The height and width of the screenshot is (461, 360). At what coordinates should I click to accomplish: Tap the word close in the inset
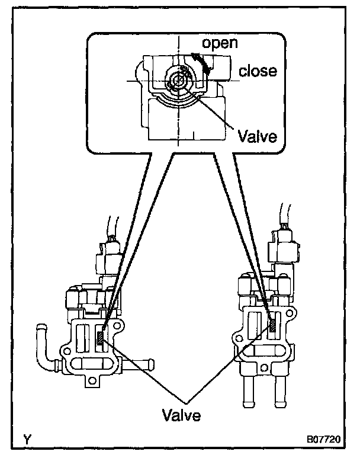click(x=258, y=71)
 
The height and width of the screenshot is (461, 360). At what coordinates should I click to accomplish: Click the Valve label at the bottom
click(x=181, y=414)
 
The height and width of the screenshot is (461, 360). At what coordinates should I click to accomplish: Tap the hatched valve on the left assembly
click(x=101, y=338)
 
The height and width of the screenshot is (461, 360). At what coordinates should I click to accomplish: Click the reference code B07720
click(x=323, y=441)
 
